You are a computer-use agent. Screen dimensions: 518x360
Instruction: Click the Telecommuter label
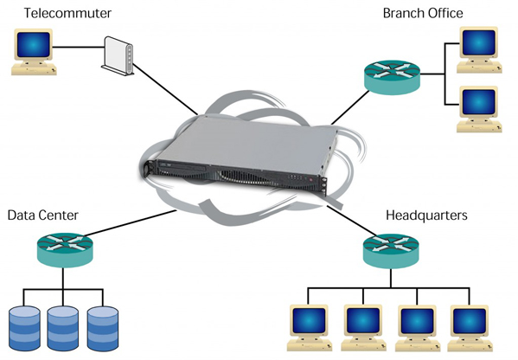point(67,13)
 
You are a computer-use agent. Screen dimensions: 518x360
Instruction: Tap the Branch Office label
point(423,13)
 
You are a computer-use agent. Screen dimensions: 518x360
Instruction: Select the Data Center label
point(43,215)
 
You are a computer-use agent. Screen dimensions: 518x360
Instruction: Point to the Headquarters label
point(426,215)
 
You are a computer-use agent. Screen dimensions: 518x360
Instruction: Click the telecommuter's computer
point(34,52)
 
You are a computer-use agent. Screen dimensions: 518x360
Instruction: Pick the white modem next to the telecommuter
point(118,55)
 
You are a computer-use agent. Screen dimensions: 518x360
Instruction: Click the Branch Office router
point(392,77)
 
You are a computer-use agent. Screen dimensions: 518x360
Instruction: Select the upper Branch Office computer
point(479,49)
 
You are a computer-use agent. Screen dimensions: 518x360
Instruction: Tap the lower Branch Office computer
point(479,109)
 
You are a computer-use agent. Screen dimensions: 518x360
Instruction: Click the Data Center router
point(65,250)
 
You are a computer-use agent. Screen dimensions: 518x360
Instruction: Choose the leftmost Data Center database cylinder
point(24,328)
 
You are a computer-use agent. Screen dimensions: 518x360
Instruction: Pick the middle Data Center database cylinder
point(63,328)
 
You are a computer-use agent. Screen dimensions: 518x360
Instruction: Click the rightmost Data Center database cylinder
point(103,328)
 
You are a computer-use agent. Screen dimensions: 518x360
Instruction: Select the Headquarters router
point(391,251)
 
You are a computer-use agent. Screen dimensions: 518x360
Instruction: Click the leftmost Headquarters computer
point(310,328)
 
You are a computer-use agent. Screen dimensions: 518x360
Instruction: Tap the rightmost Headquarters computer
point(470,328)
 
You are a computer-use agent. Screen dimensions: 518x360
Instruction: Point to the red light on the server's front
point(310,180)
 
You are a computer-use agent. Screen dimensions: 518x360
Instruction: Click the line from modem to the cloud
point(165,89)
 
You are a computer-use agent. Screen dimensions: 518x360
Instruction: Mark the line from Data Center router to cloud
point(131,222)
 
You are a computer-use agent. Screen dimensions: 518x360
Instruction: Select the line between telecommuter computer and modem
point(79,48)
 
